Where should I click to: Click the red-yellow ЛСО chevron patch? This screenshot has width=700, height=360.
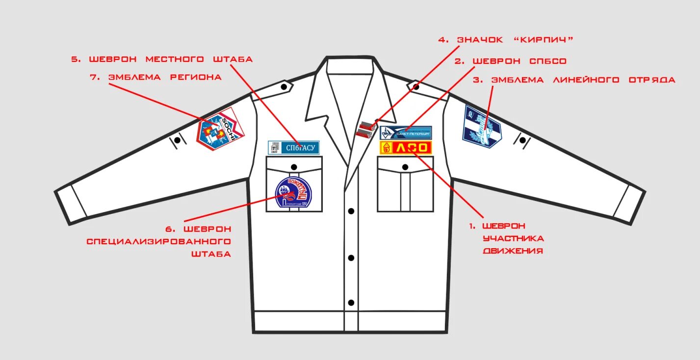pos(406,147)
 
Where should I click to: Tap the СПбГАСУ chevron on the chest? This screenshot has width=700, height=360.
pos(294,147)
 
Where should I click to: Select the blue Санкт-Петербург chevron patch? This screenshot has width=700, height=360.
pos(406,132)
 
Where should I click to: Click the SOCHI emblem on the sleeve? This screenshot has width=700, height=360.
pos(220,129)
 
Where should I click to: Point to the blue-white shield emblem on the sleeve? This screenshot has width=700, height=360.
pos(482,127)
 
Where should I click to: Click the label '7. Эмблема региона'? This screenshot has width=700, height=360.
pos(165,77)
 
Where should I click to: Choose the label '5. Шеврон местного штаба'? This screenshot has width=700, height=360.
pos(162,59)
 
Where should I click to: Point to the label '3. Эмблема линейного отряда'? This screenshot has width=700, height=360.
pos(574,79)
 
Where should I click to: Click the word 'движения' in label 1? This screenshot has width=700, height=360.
pos(513,251)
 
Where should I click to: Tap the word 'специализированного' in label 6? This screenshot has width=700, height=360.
pos(159,241)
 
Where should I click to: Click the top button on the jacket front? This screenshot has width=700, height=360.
pos(351,211)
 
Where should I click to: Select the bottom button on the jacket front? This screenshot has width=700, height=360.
pos(351,303)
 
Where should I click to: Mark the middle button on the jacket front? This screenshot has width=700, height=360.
pos(351,257)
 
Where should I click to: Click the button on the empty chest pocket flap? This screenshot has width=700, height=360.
pos(405,167)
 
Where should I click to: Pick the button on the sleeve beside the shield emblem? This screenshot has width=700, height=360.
pos(522,140)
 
